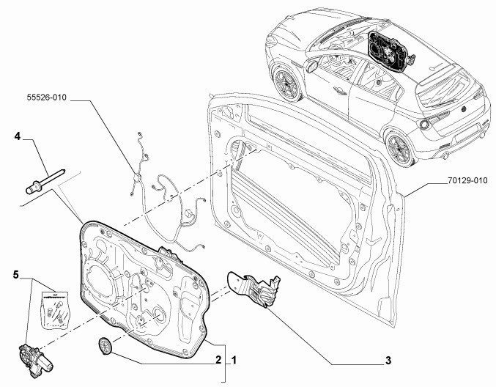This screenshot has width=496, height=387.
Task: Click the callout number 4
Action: [x=18, y=136]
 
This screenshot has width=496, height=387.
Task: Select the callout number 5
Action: [x=16, y=274]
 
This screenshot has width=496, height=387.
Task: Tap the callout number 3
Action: [x=388, y=360]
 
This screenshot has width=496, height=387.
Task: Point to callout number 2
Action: [x=218, y=360]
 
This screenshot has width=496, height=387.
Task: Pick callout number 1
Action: [x=234, y=360]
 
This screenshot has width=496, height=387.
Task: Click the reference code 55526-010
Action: [x=47, y=97]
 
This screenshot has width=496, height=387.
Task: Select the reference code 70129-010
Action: [x=467, y=181]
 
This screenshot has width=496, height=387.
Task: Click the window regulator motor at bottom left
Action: [x=34, y=361]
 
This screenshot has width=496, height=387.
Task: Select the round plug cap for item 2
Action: [x=105, y=345]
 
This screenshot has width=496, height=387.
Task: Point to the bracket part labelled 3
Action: [x=254, y=289]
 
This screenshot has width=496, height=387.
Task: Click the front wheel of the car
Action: [x=287, y=84]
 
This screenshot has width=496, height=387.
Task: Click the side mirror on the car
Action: [x=312, y=66]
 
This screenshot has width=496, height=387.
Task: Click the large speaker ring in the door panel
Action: [x=100, y=282]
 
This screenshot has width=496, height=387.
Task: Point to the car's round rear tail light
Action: [x=424, y=124]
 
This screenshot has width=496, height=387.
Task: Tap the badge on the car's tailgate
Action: [x=464, y=109]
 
